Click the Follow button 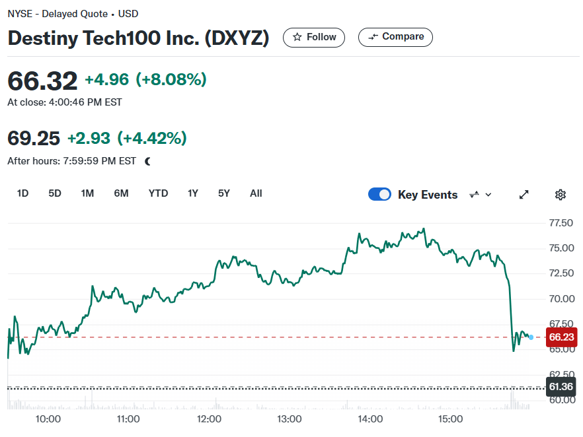(x=314, y=37)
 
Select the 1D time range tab (x=22, y=193)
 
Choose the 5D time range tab (x=55, y=193)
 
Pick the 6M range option (x=121, y=193)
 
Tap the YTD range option (x=158, y=193)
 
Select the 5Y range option (x=224, y=193)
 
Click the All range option (x=256, y=193)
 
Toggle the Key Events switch (x=379, y=194)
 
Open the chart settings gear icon (x=561, y=195)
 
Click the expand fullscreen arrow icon (x=524, y=195)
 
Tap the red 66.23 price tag (x=561, y=337)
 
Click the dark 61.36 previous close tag (x=561, y=387)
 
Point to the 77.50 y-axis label (x=561, y=222)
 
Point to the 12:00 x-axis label (x=209, y=419)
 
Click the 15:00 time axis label (x=450, y=419)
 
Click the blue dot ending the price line (x=531, y=337)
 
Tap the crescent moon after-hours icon (x=148, y=161)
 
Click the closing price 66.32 (x=42, y=81)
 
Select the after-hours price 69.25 (x=34, y=138)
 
